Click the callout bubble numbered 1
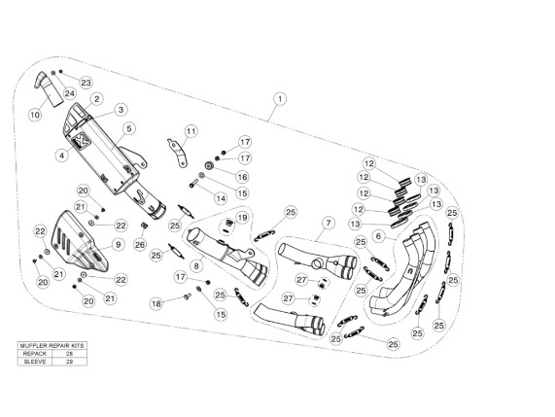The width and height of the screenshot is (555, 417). (x=280, y=99)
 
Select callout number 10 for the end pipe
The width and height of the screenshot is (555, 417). (x=35, y=115)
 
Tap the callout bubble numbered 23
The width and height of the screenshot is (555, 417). (x=86, y=83)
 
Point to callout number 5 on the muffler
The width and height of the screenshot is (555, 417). (x=129, y=128)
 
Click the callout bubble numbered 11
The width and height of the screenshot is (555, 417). (x=191, y=131)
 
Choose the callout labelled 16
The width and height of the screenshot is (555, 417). (x=243, y=177)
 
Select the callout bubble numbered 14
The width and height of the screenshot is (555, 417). (x=221, y=198)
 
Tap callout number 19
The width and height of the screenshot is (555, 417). (x=242, y=218)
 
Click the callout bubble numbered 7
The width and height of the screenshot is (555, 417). (x=329, y=223)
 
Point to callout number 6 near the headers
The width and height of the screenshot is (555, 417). (x=378, y=236)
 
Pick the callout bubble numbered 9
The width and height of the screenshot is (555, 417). (x=119, y=245)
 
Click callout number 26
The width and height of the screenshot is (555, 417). (x=140, y=245)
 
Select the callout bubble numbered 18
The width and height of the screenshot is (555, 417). (x=156, y=303)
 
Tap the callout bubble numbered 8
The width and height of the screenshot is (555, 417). (x=196, y=265)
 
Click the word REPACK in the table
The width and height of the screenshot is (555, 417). (x=35, y=354)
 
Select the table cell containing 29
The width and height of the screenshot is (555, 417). (x=69, y=362)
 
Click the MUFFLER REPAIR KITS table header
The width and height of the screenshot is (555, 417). (x=52, y=345)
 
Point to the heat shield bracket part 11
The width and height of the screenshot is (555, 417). (x=178, y=153)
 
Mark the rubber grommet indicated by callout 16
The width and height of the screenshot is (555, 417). (x=209, y=165)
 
